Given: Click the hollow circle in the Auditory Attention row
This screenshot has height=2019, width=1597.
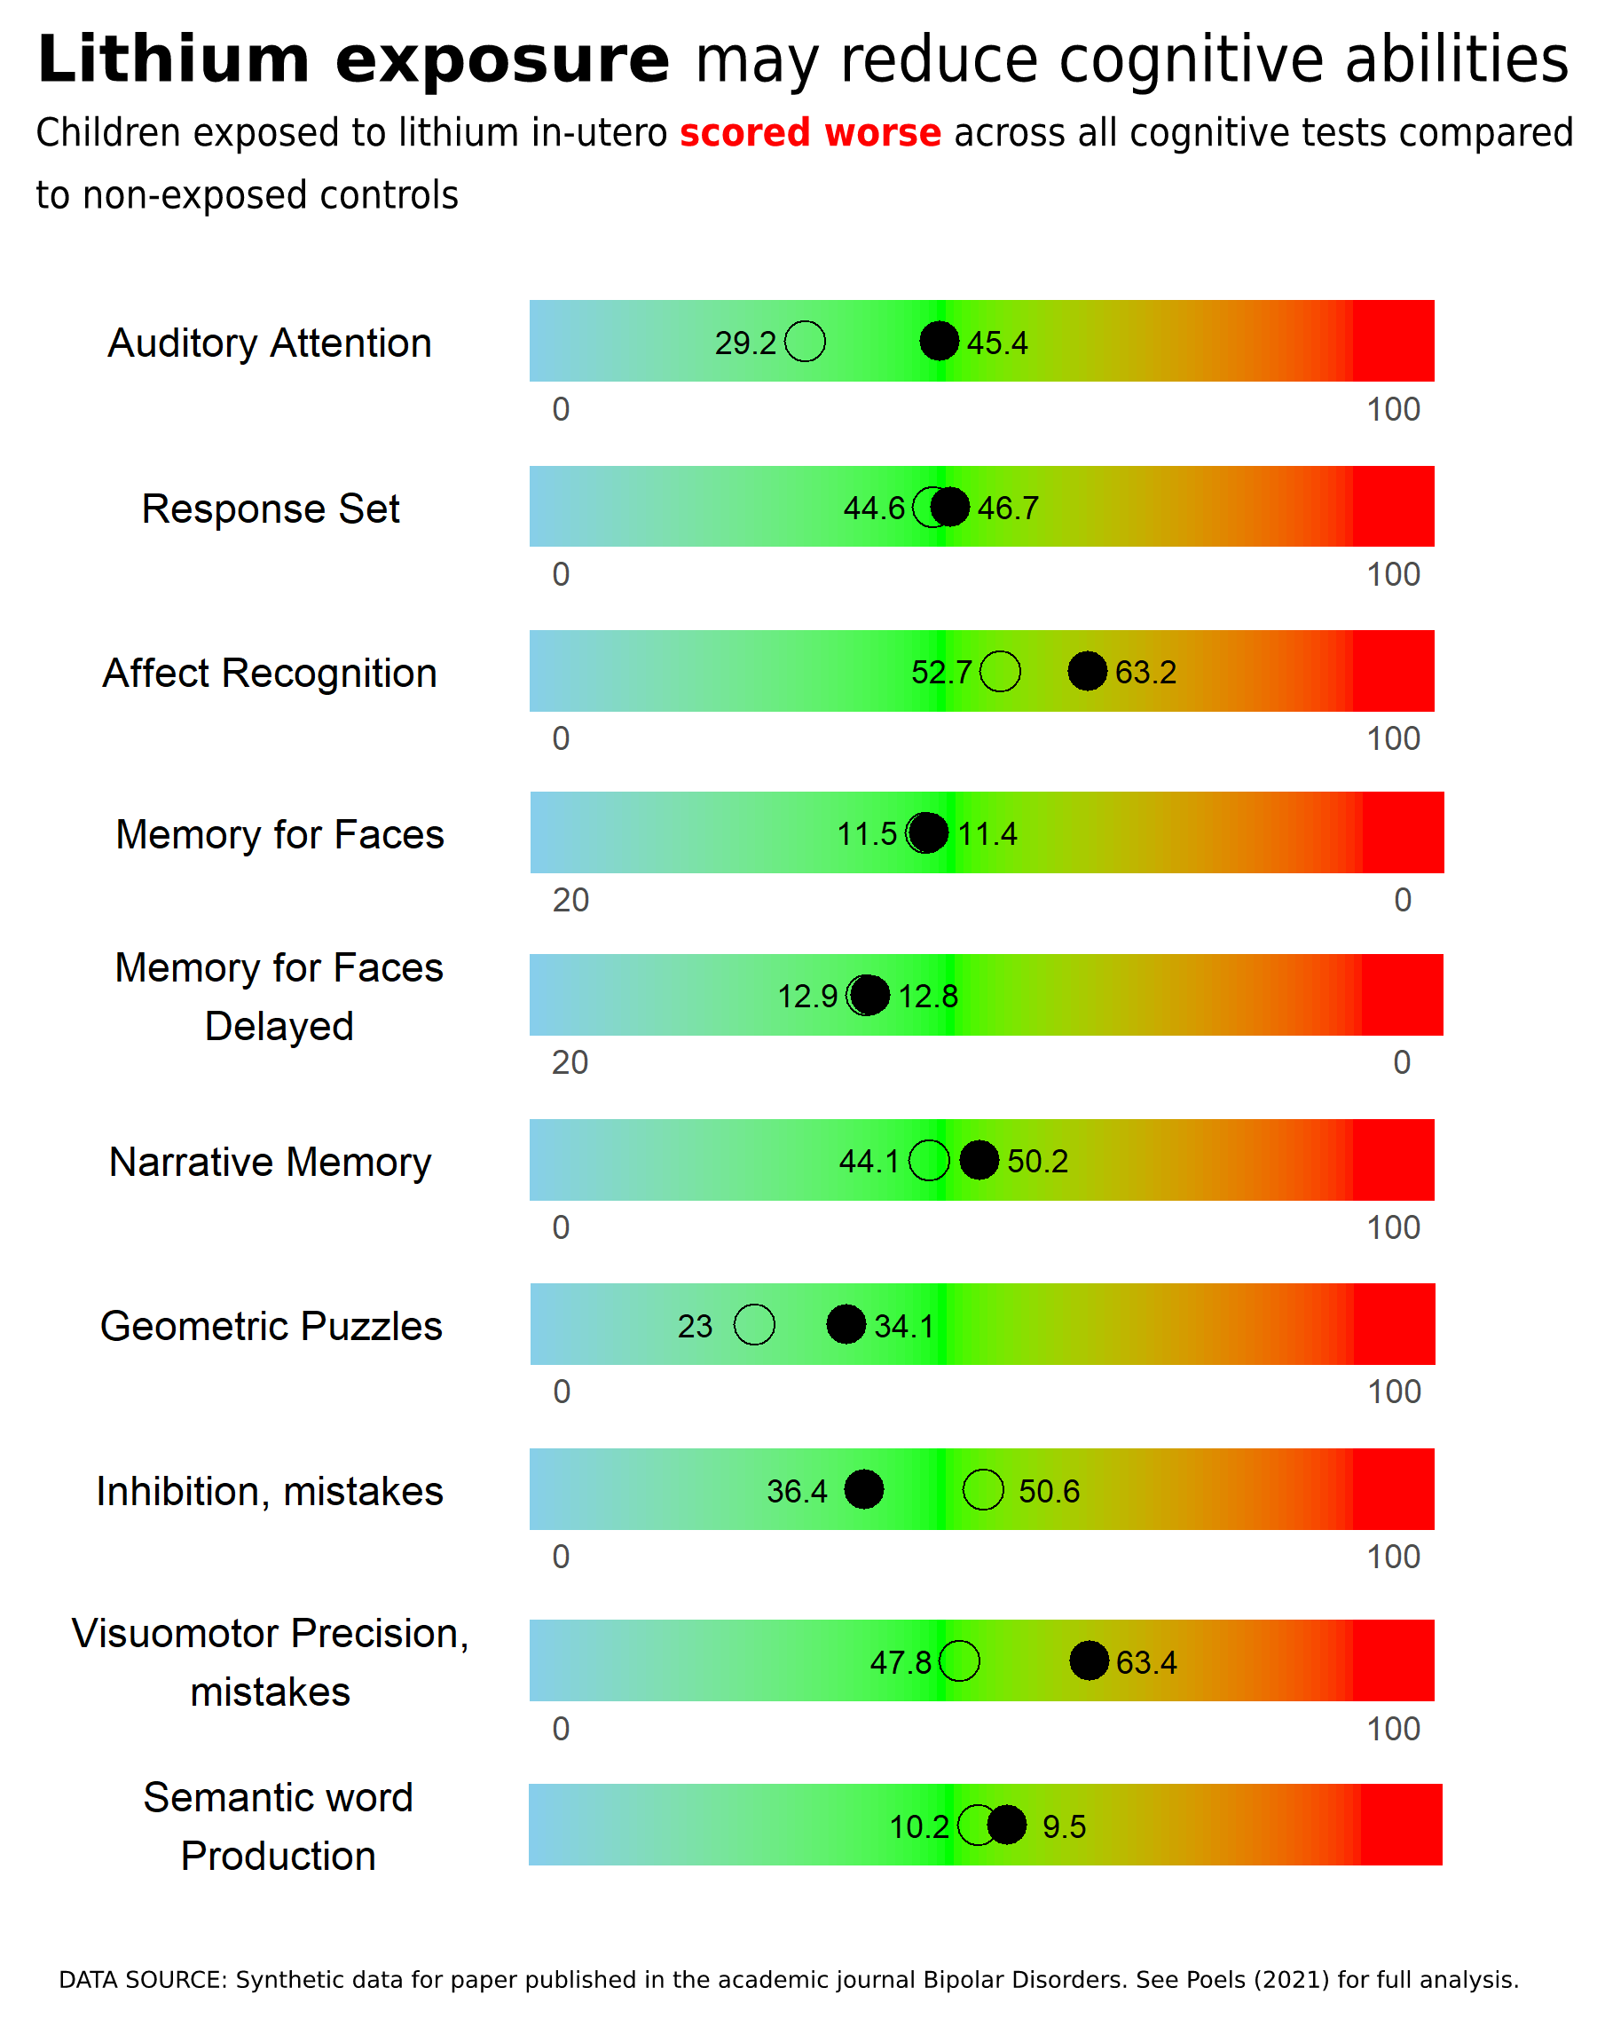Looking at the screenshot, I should (805, 342).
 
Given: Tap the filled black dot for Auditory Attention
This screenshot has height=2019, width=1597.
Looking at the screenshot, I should (939, 342).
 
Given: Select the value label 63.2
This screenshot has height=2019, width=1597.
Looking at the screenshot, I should (1145, 673).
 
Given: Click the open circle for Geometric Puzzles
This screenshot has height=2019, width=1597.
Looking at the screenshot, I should (754, 1324).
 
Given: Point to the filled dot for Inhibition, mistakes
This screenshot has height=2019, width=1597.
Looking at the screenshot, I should (864, 1489).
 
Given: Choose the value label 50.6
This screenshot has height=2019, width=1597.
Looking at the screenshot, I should (1049, 1491).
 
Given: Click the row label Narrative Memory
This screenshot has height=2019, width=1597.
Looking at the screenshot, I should (271, 1162).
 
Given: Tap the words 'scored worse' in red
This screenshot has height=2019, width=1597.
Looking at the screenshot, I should (810, 133).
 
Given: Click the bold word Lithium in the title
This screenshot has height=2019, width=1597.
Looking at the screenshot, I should (174, 59).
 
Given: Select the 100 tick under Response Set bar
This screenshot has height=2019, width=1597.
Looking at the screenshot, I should (1393, 574).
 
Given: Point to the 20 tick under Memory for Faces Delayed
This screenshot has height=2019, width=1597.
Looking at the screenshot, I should (570, 1062).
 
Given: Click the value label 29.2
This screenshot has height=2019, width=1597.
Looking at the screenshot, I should (745, 343).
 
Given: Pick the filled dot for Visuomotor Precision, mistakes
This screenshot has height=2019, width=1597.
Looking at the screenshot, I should (1090, 1660).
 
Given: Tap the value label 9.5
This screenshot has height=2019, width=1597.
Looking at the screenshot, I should (1064, 1826).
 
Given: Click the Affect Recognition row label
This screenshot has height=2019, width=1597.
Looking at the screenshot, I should (271, 673).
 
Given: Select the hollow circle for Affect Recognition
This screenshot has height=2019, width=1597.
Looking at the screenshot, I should (1001, 672).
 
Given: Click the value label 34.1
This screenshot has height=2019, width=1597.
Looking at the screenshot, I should (904, 1326).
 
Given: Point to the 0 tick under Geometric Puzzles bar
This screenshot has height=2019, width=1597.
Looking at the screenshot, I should (561, 1392).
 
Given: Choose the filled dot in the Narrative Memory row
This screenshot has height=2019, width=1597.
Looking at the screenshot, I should (979, 1161).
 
